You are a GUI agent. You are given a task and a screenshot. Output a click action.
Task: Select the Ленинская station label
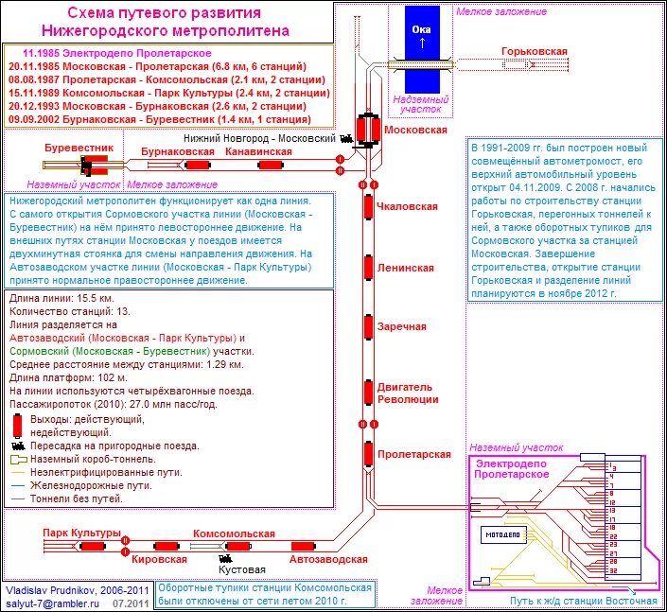coord(405,268)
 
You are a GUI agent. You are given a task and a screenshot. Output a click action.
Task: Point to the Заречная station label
coord(402,326)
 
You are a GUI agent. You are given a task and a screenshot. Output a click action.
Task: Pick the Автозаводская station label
coord(302,559)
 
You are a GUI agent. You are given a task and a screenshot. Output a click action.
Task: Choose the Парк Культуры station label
coord(82,533)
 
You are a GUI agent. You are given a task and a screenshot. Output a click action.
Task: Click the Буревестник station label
coord(79,149)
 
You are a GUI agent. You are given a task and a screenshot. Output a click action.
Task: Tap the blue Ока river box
coord(422,36)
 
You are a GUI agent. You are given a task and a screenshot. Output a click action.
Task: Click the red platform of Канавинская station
coord(272,165)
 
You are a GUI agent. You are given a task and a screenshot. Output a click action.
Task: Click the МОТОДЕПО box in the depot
coord(502,534)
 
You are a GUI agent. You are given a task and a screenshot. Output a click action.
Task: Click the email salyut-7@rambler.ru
coord(46,603)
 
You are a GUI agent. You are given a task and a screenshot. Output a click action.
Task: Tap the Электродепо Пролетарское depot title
coord(513,467)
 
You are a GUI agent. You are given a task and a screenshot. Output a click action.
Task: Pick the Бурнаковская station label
coord(177,151)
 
